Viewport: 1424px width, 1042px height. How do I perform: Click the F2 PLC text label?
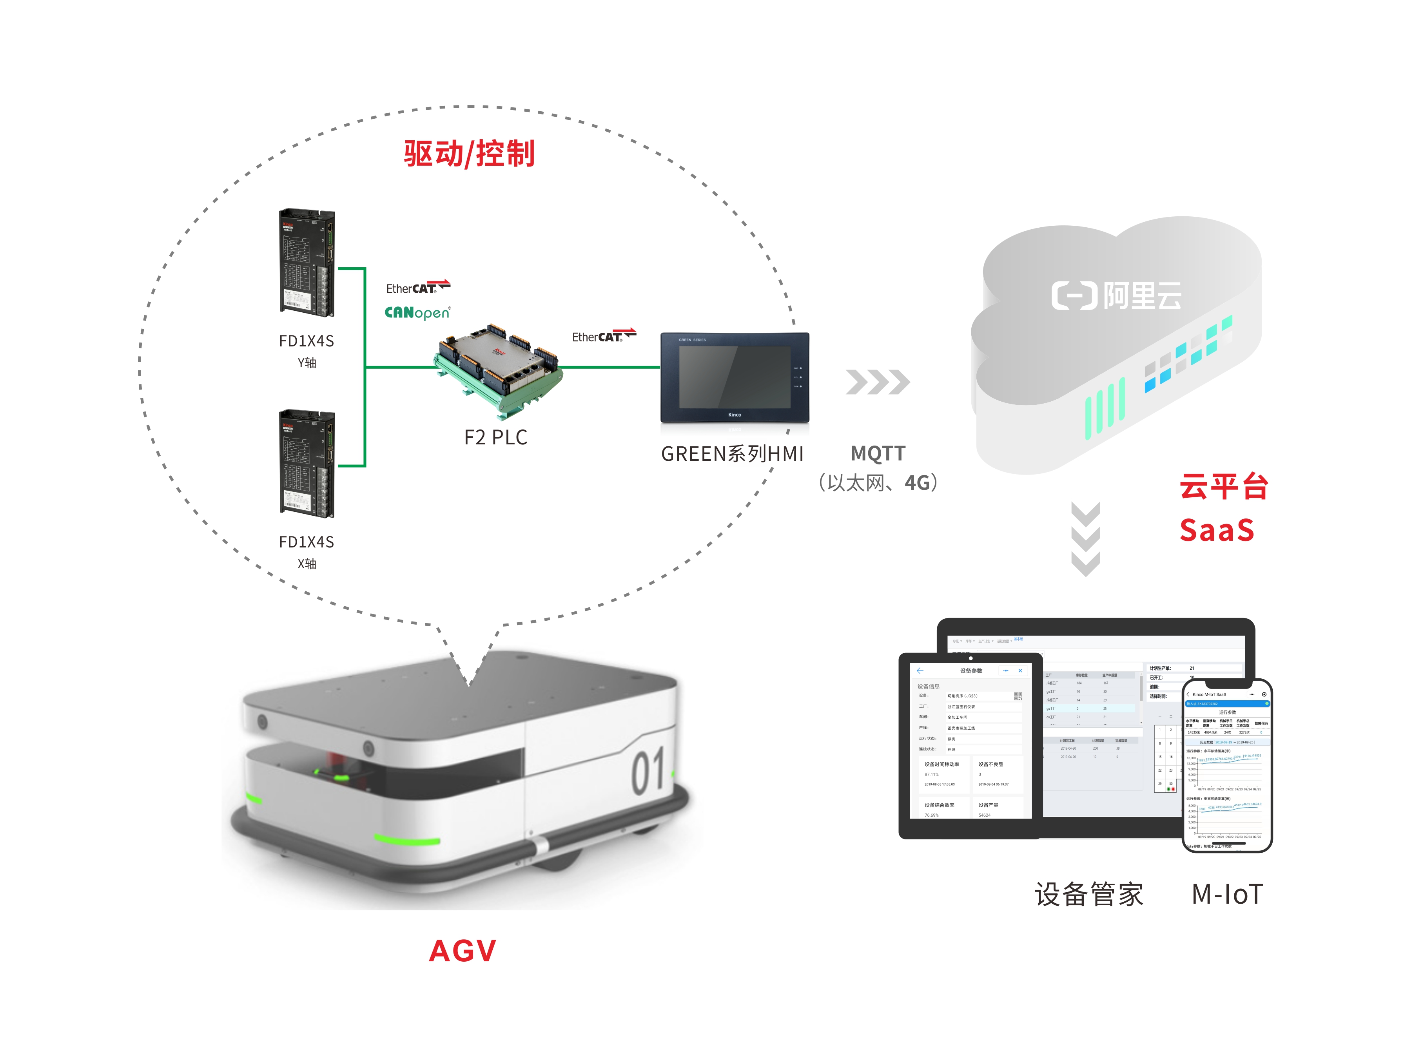pyautogui.click(x=495, y=437)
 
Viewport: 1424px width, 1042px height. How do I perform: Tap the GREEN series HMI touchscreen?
pyautogui.click(x=735, y=378)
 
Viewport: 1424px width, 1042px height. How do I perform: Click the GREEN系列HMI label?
pyautogui.click(x=732, y=453)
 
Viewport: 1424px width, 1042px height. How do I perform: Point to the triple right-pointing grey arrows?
pyautogui.click(x=878, y=382)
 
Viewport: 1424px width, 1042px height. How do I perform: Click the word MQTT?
pyautogui.click(x=878, y=453)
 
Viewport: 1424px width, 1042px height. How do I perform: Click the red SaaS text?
pyautogui.click(x=1216, y=530)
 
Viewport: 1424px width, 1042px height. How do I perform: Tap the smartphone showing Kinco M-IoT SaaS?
pyautogui.click(x=1226, y=765)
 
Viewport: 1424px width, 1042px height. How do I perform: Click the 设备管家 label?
pyautogui.click(x=1088, y=894)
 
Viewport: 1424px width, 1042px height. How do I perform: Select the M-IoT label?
pyautogui.click(x=1227, y=894)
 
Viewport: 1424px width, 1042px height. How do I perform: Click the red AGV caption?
pyautogui.click(x=463, y=951)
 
